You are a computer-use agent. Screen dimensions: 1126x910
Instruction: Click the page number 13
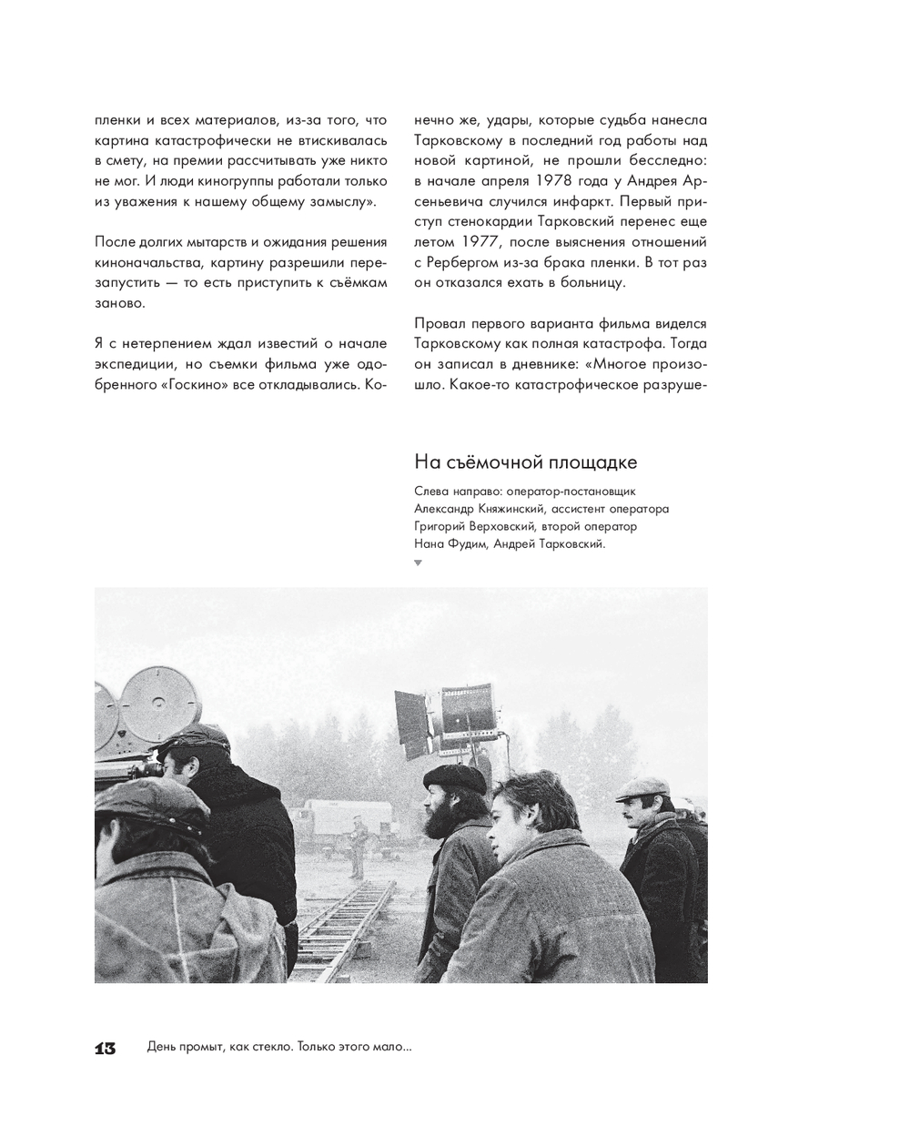coord(106,1049)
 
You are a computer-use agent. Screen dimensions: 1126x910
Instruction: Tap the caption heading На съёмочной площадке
coord(525,462)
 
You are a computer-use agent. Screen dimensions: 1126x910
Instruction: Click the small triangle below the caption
coord(418,563)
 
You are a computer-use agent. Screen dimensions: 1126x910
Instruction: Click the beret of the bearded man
coord(456,776)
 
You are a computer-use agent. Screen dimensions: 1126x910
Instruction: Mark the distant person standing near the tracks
coord(358,842)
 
